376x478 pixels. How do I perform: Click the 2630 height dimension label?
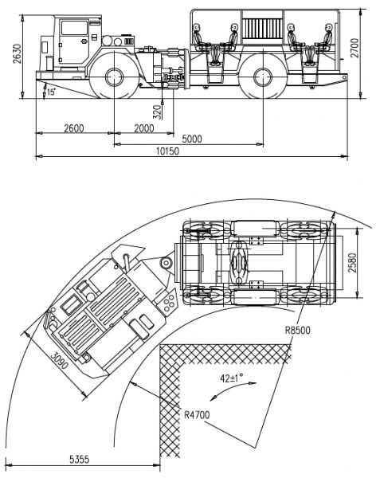point(18,54)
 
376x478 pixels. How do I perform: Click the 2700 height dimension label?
point(355,48)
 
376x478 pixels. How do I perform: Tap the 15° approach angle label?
point(51,92)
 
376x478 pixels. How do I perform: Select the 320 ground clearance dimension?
point(157,112)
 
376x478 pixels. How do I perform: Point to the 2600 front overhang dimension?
point(74,128)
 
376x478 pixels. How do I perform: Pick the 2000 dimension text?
point(144,128)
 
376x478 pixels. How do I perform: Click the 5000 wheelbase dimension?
point(192,139)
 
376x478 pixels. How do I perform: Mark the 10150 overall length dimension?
point(168,151)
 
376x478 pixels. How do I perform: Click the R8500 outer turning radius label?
point(297,330)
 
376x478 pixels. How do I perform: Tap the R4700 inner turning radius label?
point(197,415)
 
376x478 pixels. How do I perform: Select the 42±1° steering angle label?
point(232,378)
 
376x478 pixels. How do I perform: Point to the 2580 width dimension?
point(352,263)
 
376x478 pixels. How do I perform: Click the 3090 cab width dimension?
point(59,361)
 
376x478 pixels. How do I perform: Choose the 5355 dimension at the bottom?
point(80,459)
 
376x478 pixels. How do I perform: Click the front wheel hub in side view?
point(115,77)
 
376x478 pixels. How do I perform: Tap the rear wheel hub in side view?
point(263,77)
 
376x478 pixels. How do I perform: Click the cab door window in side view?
point(74,28)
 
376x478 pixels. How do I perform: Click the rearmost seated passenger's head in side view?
point(328,27)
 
